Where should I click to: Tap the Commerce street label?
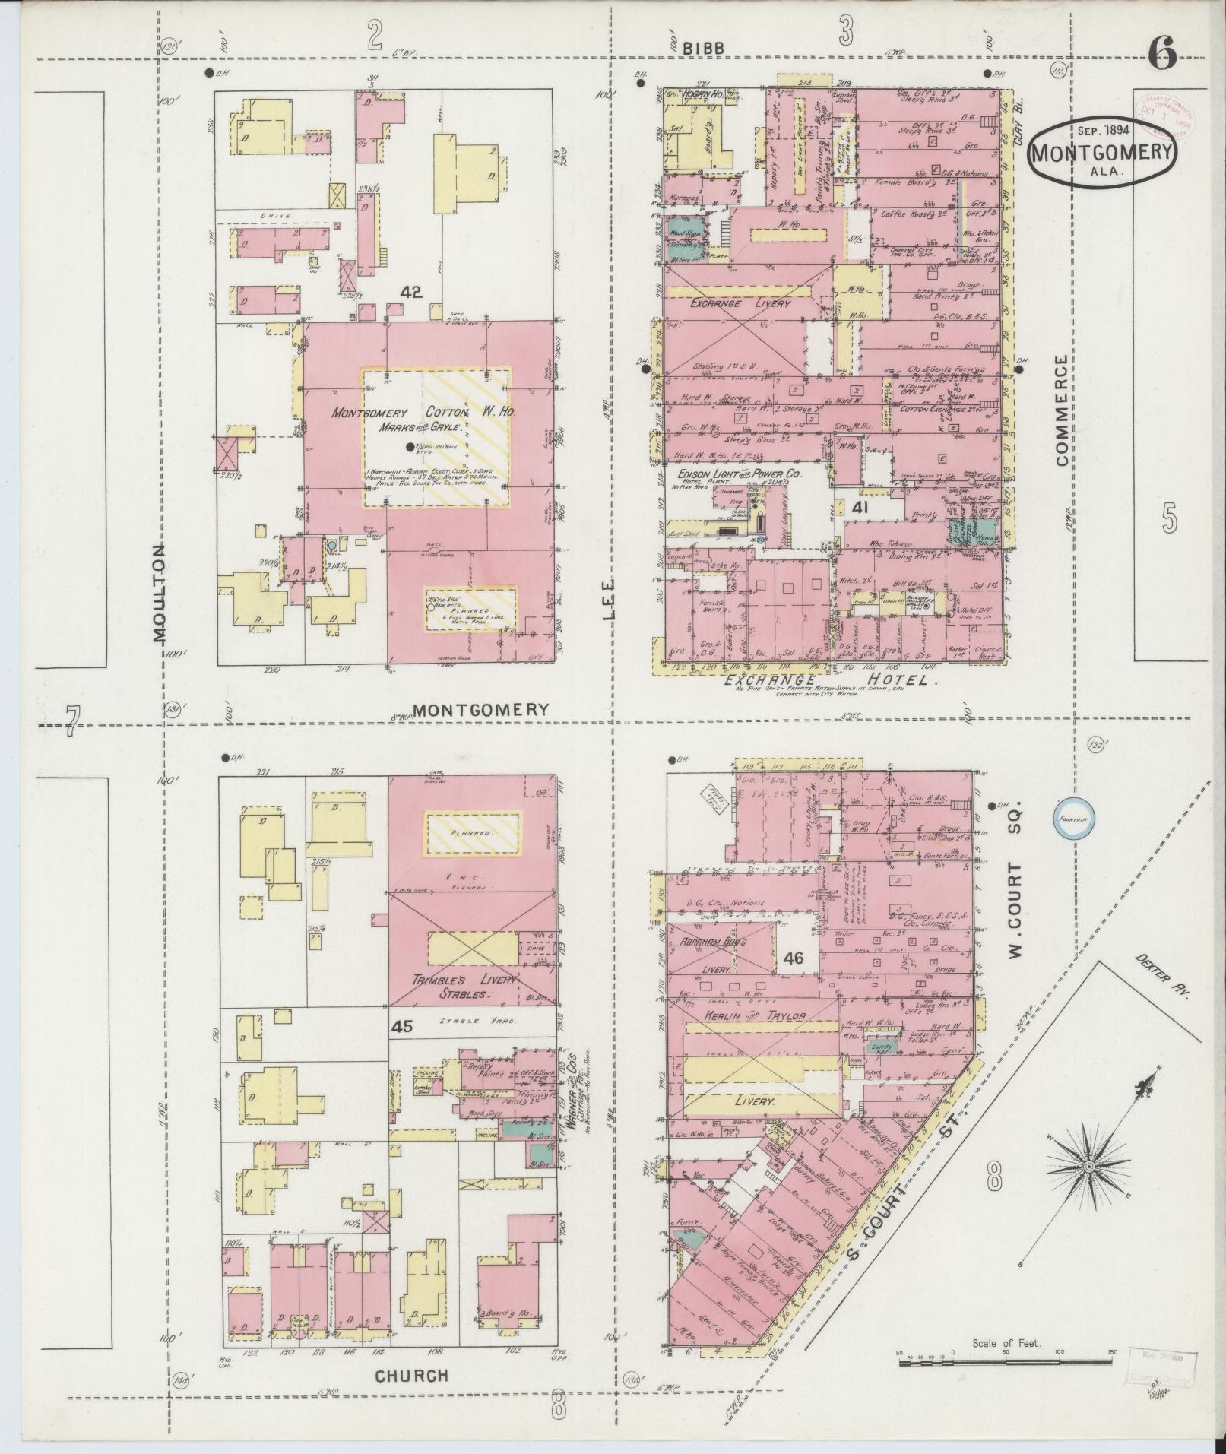pyautogui.click(x=1063, y=410)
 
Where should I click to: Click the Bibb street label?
pyautogui.click(x=702, y=47)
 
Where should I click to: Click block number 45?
pyautogui.click(x=403, y=1027)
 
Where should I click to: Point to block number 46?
pyautogui.click(x=794, y=958)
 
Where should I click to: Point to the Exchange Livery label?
pyautogui.click(x=730, y=303)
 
